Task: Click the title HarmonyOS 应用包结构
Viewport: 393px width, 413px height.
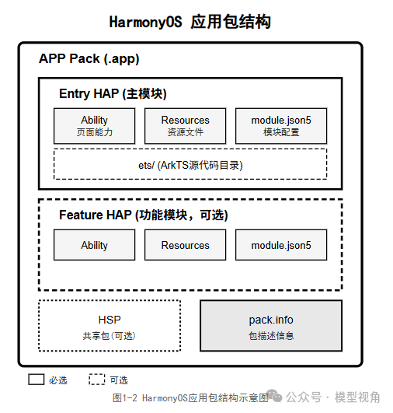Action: coord(190,22)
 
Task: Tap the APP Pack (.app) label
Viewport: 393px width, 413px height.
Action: coord(89,59)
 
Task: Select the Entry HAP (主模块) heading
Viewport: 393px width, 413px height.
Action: coord(113,94)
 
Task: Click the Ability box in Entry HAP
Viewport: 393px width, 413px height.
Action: coord(94,125)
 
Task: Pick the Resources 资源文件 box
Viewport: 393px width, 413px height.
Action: coord(185,125)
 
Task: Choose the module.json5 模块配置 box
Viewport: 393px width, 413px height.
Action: coord(281,125)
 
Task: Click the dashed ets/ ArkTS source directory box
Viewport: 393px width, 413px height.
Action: coord(190,164)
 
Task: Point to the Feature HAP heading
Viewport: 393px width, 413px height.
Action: coord(143,215)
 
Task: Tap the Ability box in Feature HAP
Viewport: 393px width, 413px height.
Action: coord(94,245)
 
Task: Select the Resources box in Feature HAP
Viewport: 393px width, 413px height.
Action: coord(185,245)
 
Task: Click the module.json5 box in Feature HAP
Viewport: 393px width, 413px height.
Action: coord(281,245)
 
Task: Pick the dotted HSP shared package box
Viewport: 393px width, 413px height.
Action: coord(109,326)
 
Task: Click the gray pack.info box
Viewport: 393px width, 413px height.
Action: coord(271,326)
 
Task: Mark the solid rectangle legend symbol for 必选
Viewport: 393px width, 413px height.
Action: coord(37,380)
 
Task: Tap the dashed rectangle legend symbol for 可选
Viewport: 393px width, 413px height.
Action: coord(96,380)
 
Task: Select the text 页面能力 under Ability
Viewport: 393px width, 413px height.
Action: coord(94,132)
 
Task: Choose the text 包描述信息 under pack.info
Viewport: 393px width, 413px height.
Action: coord(271,336)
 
